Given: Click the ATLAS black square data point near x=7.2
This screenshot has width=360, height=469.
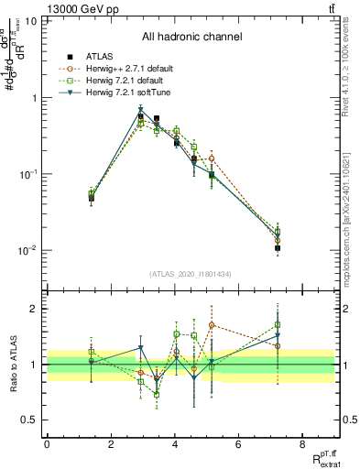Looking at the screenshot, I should (277, 248).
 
